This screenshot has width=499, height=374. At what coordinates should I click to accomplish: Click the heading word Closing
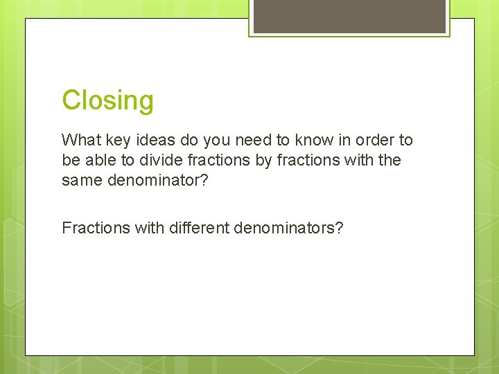pos(107,100)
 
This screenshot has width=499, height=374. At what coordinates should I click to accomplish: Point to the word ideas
pos(156,140)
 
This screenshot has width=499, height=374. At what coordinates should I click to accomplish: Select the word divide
pos(157,160)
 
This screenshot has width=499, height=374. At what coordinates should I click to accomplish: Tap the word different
pos(198,227)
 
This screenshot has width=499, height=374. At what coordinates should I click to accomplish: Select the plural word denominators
pos(288,227)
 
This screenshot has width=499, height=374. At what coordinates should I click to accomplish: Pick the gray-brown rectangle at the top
pos(349,16)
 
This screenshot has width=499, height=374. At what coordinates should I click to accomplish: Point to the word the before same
pos(388,160)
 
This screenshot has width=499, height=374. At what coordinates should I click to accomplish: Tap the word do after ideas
pos(190,140)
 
